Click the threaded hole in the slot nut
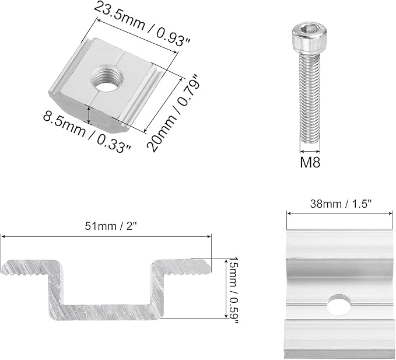[x=107, y=77]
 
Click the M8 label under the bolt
[x=310, y=162]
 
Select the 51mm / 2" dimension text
[x=111, y=226]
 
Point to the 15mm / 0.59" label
[x=233, y=290]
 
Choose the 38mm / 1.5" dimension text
[x=341, y=204]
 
